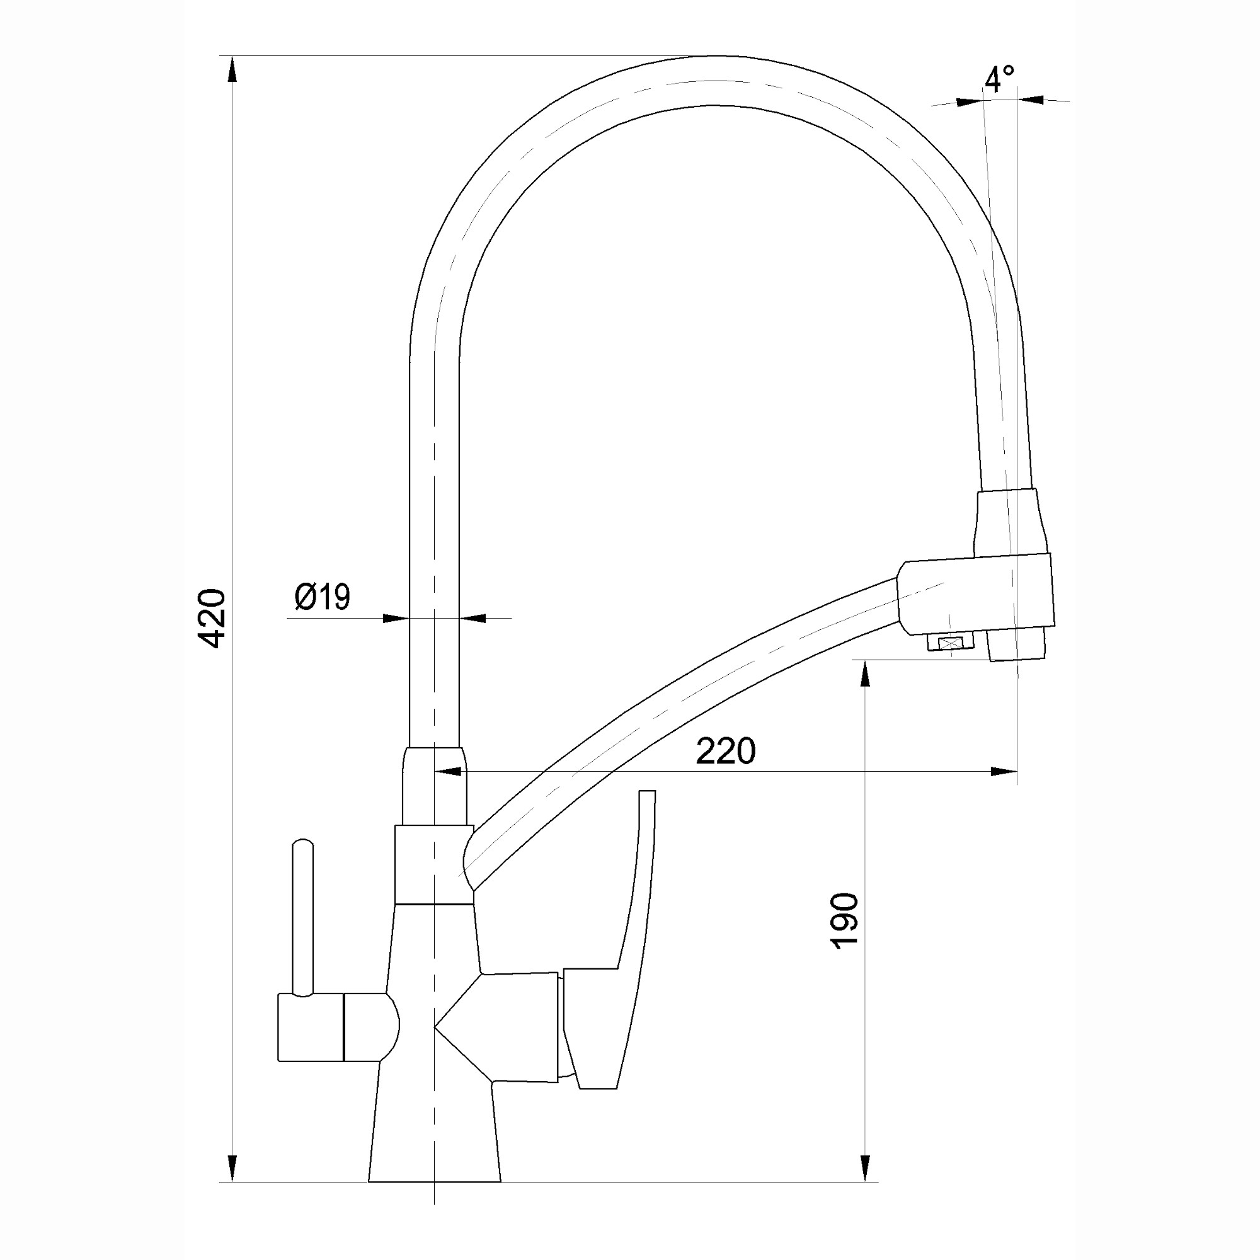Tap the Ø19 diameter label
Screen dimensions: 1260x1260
tap(322, 596)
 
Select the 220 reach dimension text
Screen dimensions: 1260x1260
tap(726, 752)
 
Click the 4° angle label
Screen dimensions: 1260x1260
tap(999, 79)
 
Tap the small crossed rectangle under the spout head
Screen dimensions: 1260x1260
tap(950, 644)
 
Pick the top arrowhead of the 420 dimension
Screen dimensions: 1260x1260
tap(232, 69)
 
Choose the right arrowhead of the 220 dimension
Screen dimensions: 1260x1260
tap(1004, 772)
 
